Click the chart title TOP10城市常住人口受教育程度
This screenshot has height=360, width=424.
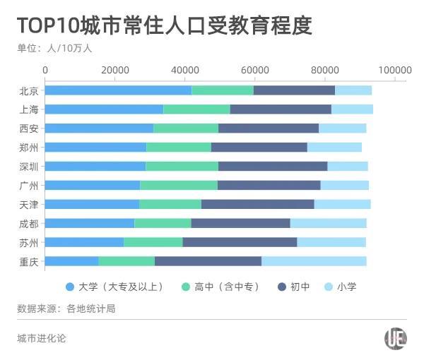pos(164,25)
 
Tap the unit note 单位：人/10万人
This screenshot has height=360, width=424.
pos(54,49)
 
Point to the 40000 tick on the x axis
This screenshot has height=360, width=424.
pos(185,70)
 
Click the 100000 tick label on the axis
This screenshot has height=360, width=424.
pos(394,70)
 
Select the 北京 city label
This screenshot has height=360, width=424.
pos(30,90)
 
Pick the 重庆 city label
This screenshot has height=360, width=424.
pos(30,261)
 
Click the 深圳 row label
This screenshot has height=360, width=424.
pos(30,167)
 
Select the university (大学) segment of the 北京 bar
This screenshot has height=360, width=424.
pos(118,90)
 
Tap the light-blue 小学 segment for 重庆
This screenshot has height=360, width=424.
pos(314,261)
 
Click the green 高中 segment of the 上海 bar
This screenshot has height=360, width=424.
pos(196,109)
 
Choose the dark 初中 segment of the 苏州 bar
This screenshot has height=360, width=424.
pos(240,242)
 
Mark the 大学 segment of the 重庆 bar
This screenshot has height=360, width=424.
pos(72,261)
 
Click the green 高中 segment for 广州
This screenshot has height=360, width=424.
pos(179,185)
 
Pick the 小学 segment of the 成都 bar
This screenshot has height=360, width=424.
pos(328,223)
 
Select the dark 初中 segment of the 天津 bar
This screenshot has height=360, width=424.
pos(257,204)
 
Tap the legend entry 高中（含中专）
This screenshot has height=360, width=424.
pos(221,287)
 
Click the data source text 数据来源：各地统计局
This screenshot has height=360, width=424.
pos(66,308)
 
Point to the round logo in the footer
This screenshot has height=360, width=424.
pos(395,338)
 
